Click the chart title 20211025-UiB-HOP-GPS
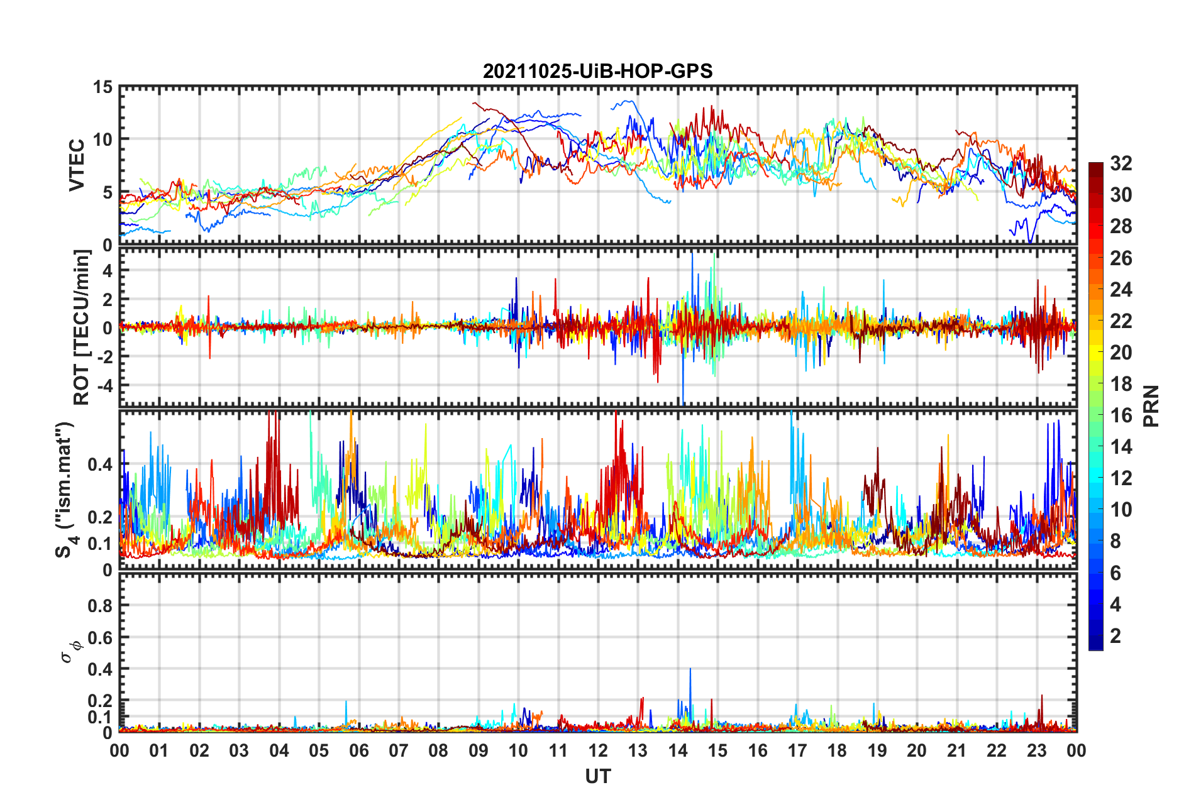pos(597,71)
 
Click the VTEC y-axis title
pos(76,165)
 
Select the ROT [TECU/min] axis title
pos(82,327)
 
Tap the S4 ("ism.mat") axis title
pos(65,490)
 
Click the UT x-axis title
pos(597,777)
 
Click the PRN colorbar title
pos(1151,406)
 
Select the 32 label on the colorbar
pos(1121,163)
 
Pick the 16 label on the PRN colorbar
pos(1121,415)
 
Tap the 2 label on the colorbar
pos(1115,636)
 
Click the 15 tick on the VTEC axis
pos(103,87)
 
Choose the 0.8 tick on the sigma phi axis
pos(100,606)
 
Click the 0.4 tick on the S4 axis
pos(100,465)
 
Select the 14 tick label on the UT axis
pos(677,750)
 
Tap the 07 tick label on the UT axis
pos(398,750)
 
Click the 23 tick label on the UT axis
pos(1036,750)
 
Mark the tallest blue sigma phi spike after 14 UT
pos(690,670)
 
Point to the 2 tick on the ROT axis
pos(107,299)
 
